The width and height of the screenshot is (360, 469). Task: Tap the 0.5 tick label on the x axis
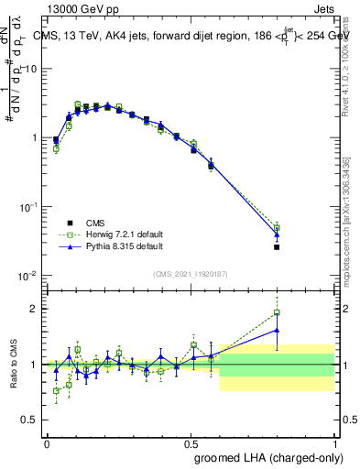(191, 442)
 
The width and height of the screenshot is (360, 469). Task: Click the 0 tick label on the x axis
(47, 442)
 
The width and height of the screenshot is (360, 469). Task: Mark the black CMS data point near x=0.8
(277, 246)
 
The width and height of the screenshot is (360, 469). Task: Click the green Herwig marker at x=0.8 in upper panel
(277, 227)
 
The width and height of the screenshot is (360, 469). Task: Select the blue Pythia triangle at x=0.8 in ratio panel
(277, 331)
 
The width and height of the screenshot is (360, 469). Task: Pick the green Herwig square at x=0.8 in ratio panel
(277, 312)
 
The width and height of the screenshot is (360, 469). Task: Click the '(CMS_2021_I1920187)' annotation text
(190, 274)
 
